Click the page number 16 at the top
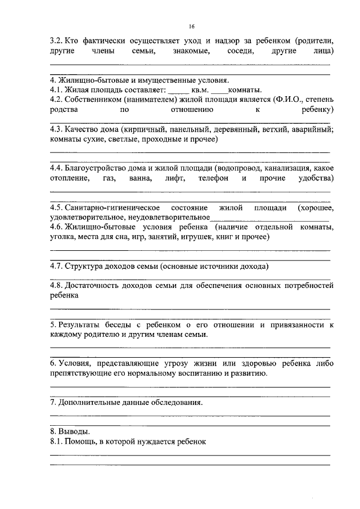click(x=191, y=26)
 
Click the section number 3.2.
click(x=56, y=40)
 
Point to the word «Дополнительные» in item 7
click(x=89, y=402)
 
